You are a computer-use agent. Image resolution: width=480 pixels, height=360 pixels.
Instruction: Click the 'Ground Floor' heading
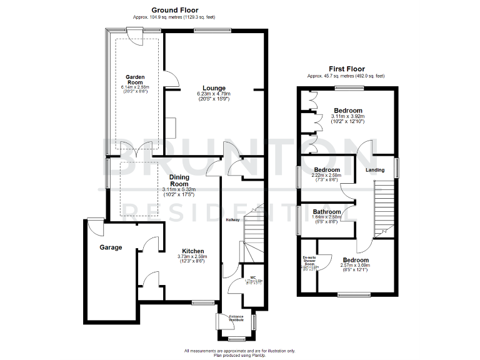(174, 10)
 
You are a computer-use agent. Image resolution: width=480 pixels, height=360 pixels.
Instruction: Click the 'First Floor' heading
(346, 69)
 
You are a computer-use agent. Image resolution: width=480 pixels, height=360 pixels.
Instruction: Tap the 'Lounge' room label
(214, 88)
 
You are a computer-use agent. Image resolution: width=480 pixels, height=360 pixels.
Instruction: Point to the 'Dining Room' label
(179, 181)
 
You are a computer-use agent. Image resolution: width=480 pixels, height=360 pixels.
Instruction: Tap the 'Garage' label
(111, 247)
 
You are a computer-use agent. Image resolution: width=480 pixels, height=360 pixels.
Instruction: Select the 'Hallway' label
(232, 219)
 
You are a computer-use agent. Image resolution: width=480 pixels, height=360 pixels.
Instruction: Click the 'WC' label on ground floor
(253, 277)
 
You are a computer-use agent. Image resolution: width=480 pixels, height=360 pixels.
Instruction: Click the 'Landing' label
(375, 169)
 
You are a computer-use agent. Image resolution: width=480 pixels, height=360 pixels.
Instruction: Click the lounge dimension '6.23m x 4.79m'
(214, 94)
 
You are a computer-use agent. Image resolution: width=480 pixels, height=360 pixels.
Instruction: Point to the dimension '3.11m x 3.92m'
(347, 116)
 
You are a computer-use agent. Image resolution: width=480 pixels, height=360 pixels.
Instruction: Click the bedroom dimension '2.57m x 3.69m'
(354, 266)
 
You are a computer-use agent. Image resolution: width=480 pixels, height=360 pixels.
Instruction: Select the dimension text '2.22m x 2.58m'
(327, 176)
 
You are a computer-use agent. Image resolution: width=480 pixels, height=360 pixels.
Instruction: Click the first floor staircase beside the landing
(383, 206)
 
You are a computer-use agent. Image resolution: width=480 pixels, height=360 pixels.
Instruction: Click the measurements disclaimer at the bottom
(239, 352)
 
